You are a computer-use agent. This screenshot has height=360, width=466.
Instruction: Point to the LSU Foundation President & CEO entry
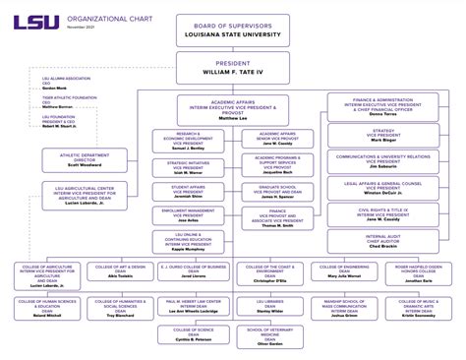click(x=65, y=121)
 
